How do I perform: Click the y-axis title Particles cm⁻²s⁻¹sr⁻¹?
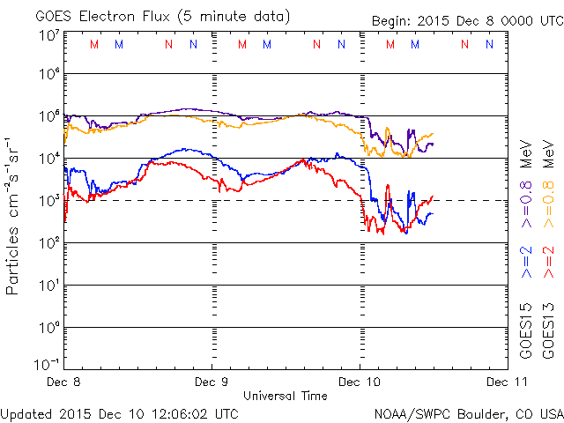click(x=14, y=216)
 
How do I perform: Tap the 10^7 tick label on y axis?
click(x=48, y=35)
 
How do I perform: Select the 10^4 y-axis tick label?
click(x=48, y=158)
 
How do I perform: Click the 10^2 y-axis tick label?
click(x=48, y=242)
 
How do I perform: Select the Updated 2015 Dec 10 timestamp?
click(x=119, y=412)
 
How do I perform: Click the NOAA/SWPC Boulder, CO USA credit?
click(x=468, y=412)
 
